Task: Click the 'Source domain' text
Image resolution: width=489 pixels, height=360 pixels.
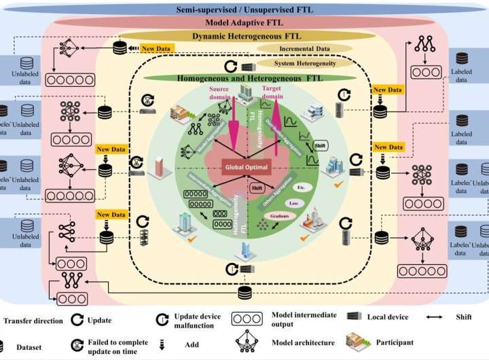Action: click(221, 92)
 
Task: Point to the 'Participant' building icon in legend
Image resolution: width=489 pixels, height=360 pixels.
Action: click(360, 342)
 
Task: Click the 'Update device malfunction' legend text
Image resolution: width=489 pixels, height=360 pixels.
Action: click(198, 320)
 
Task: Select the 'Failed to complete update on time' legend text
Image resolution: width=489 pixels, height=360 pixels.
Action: click(109, 345)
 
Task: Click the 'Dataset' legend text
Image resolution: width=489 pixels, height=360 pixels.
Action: click(29, 346)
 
